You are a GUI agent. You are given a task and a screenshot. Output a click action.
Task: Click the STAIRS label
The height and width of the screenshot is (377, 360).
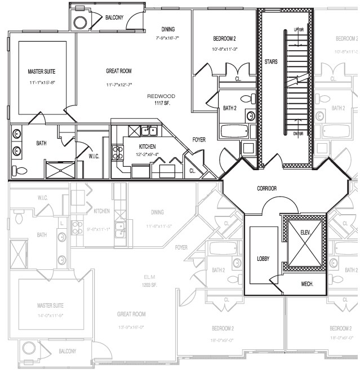[x=271, y=61]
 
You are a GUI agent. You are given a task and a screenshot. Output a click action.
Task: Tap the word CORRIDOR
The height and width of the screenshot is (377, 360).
[x=266, y=188]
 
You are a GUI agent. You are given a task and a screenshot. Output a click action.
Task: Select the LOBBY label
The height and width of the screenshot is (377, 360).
[x=263, y=259]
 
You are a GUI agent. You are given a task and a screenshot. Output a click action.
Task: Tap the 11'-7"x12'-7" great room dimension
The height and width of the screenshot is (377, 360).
[x=119, y=85]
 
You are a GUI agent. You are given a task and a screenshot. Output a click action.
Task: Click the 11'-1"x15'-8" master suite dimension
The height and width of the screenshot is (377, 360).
[x=42, y=83]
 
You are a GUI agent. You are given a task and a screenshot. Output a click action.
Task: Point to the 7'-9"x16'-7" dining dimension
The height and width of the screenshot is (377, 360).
[x=167, y=38]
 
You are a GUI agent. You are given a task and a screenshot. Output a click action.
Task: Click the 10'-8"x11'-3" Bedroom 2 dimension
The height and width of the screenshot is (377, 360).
[x=225, y=49]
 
